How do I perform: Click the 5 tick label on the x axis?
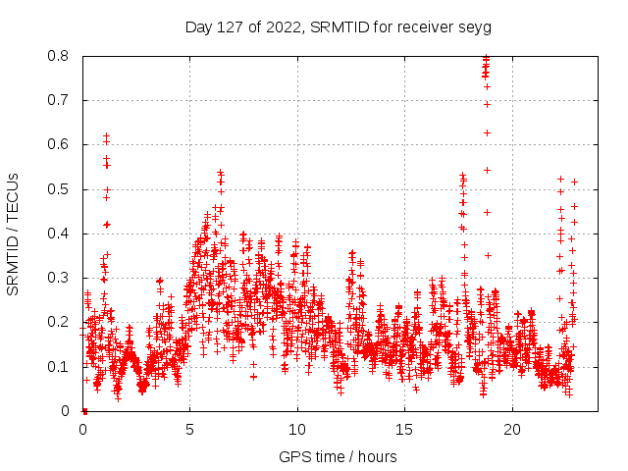point(190,430)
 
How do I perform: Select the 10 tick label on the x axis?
point(297,430)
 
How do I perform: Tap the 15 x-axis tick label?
point(404,430)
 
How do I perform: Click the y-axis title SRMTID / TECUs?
point(14,234)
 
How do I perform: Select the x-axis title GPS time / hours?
point(339,456)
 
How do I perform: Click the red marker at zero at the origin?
point(84,410)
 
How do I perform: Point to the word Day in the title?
point(199,26)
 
